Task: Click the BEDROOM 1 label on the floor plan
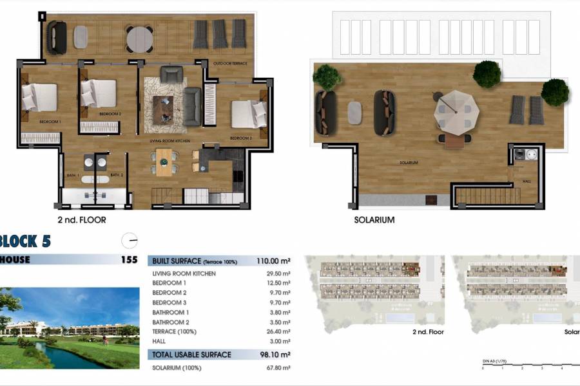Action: (x=50, y=122)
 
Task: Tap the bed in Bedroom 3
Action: (x=249, y=113)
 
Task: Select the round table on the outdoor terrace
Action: (x=140, y=39)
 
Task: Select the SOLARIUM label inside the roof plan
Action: (x=409, y=163)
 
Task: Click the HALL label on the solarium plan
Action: (x=527, y=181)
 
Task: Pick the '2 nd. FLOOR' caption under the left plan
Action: (x=82, y=220)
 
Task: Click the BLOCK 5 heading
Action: (x=24, y=242)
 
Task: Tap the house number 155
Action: (x=129, y=261)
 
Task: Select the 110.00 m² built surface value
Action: (x=273, y=261)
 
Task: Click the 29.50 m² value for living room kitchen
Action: (x=278, y=273)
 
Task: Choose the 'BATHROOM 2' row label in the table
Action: (x=171, y=322)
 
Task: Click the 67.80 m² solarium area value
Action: (x=278, y=367)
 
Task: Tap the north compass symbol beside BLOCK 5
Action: (x=130, y=241)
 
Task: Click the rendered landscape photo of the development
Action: (x=70, y=328)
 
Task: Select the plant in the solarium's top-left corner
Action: (x=328, y=77)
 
